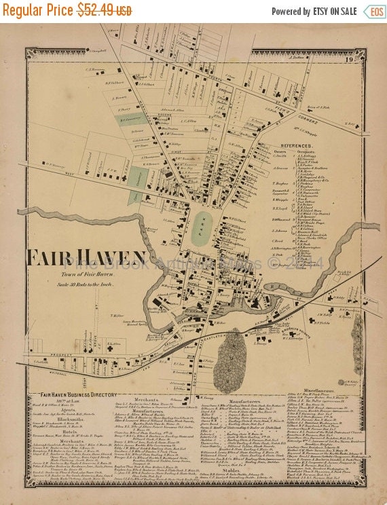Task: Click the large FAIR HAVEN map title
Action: (86, 259)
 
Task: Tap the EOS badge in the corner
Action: (373, 12)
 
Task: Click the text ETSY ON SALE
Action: (334, 12)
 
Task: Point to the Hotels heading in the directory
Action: (71, 434)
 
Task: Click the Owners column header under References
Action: (280, 152)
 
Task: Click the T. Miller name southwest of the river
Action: (117, 315)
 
